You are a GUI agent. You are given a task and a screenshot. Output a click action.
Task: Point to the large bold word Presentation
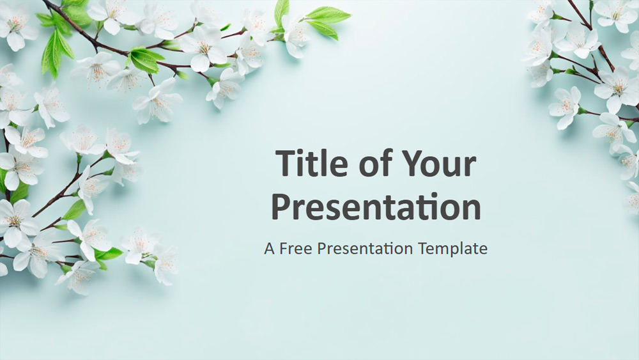[376, 207]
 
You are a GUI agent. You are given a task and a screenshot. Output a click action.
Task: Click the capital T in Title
[286, 163]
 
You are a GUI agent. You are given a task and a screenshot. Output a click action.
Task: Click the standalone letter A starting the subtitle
[270, 248]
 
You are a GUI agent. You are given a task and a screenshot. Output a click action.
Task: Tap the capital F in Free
[284, 248]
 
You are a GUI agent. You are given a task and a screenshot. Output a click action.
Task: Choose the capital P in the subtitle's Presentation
[321, 248]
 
